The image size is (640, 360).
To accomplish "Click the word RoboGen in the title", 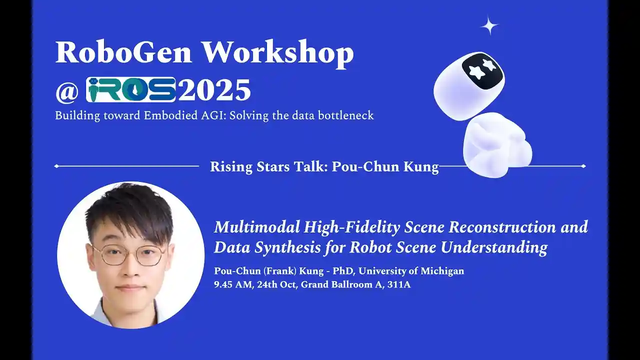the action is (x=123, y=52).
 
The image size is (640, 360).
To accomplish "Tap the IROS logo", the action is (x=131, y=89).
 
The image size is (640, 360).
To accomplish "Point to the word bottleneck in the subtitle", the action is (x=345, y=115).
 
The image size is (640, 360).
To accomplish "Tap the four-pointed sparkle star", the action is (x=489, y=26).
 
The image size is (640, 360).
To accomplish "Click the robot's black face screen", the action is (x=482, y=70).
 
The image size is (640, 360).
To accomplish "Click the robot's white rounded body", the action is (x=497, y=145).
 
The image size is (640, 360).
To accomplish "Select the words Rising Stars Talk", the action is (x=268, y=166).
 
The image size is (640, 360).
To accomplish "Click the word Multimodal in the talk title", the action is (x=257, y=227).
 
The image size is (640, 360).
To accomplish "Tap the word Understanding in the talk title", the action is (x=494, y=247).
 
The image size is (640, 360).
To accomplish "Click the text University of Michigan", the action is (x=411, y=271).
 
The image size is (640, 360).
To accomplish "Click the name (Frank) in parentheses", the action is (x=279, y=271).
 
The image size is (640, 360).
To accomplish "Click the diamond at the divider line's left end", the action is (x=56, y=166).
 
